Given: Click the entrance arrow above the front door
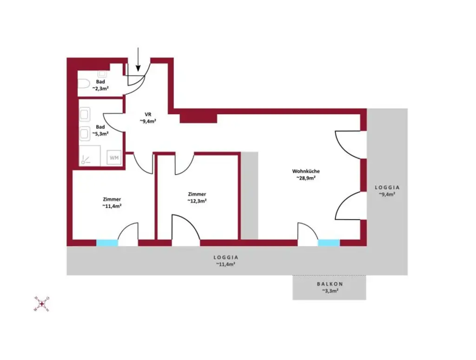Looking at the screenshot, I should point(138,60).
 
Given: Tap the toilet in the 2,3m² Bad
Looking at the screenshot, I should point(84,84).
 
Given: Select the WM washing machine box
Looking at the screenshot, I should point(114,158).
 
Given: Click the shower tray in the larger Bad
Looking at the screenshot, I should point(89,156).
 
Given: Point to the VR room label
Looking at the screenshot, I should point(147,114).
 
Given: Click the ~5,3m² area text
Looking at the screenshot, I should point(100,133).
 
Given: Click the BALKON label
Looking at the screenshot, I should point(330,284).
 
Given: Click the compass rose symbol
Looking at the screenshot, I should point(41,304).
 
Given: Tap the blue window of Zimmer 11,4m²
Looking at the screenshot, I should point(107,243).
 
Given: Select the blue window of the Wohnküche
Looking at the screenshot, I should point(329,243).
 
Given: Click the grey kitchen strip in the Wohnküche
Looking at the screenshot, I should point(249,195).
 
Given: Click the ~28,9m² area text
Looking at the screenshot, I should point(306,177).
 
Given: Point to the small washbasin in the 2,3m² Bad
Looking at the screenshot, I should point(103,73).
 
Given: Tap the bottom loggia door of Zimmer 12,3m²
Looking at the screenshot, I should point(185,230).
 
